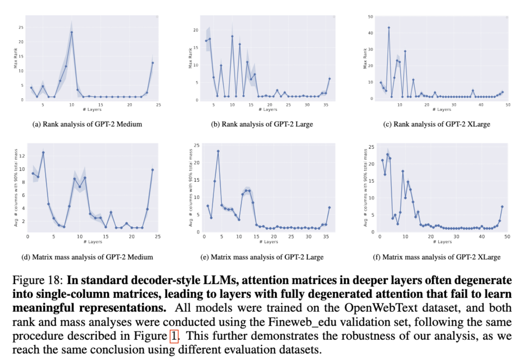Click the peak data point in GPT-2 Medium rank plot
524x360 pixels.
click(x=72, y=32)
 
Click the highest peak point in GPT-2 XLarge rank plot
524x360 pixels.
click(x=389, y=27)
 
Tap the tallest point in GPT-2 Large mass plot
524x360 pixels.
click(x=218, y=151)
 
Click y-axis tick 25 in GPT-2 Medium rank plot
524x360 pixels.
click(x=20, y=27)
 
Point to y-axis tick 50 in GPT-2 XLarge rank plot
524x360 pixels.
click(x=370, y=17)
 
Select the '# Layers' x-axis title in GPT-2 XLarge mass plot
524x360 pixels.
click(x=442, y=242)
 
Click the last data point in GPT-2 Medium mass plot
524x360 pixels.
click(x=152, y=170)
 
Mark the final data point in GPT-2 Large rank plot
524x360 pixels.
click(x=330, y=78)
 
